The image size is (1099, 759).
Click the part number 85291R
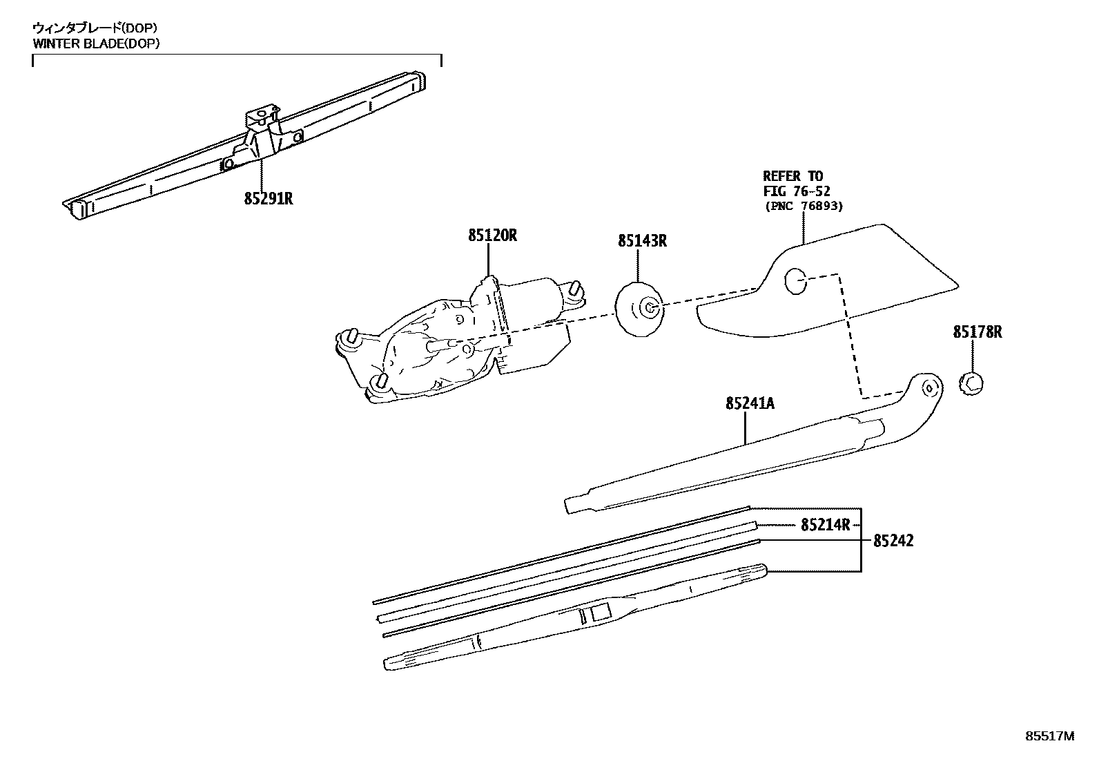(x=268, y=199)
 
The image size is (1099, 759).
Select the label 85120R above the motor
(x=492, y=236)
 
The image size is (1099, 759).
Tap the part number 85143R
(x=642, y=241)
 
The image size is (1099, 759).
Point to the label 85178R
(x=978, y=332)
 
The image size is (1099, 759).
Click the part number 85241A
(x=750, y=403)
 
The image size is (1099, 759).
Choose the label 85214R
(x=825, y=525)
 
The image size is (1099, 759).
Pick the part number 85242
(x=893, y=541)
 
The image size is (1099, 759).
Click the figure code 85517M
(x=1050, y=736)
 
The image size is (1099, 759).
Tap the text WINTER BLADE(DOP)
(x=96, y=44)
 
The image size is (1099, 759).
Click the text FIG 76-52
(x=796, y=191)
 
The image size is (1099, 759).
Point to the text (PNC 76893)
(x=804, y=206)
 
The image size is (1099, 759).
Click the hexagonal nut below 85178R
(x=972, y=383)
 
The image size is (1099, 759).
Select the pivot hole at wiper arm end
(x=929, y=387)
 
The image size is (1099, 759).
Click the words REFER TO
(x=792, y=176)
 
